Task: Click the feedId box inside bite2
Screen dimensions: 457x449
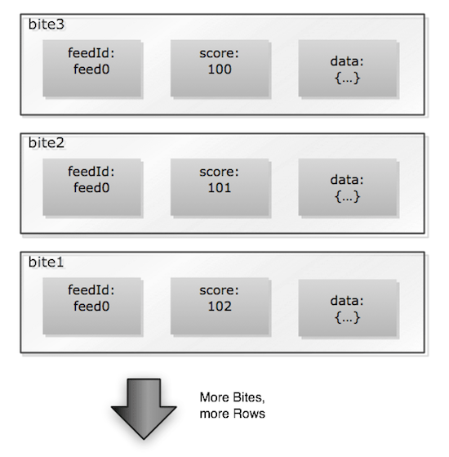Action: pyautogui.click(x=91, y=181)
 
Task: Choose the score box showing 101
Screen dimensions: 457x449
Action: pyautogui.click(x=218, y=181)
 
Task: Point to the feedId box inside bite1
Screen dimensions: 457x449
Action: pyautogui.click(x=91, y=300)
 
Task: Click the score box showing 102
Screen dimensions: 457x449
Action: pyautogui.click(x=218, y=300)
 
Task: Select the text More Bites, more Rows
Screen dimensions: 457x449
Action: pyautogui.click(x=233, y=405)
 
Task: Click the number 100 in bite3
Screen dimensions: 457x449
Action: pyautogui.click(x=220, y=70)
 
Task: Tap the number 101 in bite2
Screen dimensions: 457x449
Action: pyautogui.click(x=220, y=189)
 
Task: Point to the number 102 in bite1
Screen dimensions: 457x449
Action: pyautogui.click(x=220, y=307)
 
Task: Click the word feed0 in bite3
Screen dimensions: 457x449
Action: pyautogui.click(x=91, y=70)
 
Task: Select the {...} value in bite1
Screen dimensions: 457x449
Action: pyautogui.click(x=346, y=317)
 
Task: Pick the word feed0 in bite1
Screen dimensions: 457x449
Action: pyautogui.click(x=91, y=307)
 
